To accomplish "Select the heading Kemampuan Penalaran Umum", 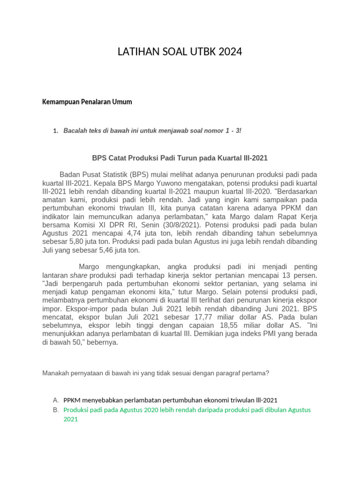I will [87, 102].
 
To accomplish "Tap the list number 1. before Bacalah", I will [56, 131].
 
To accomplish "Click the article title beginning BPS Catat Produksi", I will [180, 158].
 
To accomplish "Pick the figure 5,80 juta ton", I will [69, 241].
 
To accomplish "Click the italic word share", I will [79, 275].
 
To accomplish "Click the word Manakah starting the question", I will [56, 373].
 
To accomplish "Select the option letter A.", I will [56, 400].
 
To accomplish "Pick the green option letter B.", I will [56, 410].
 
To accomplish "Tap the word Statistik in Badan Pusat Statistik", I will [110, 174].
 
